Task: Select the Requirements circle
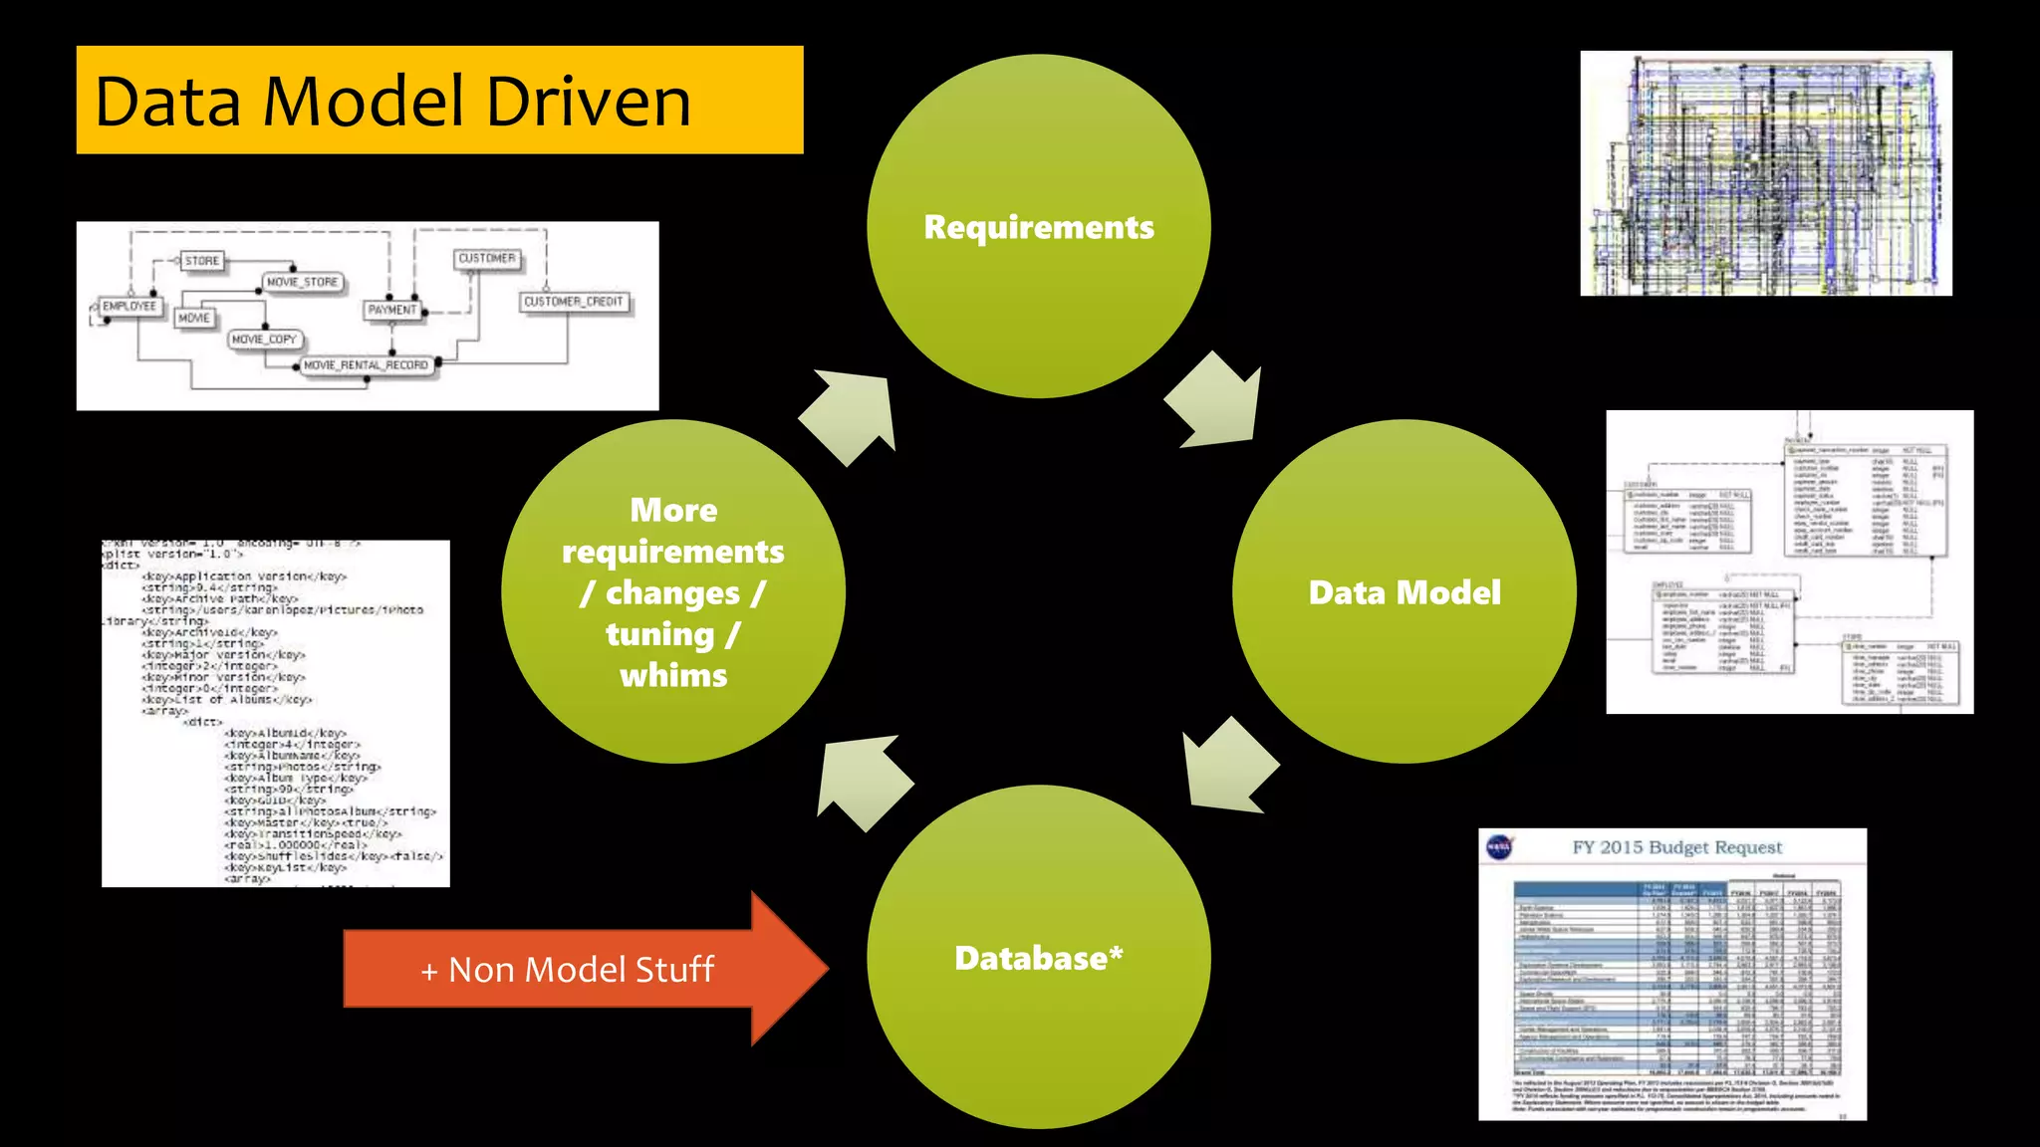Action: (1038, 227)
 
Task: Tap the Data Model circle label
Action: (1403, 592)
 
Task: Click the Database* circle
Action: (1038, 958)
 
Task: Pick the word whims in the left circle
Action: (673, 676)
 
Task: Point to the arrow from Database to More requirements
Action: (861, 781)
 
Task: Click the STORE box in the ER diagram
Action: (201, 261)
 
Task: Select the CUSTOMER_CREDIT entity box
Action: (574, 302)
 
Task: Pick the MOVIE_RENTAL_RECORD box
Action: (366, 365)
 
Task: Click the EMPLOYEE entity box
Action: (129, 307)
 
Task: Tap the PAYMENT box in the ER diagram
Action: (391, 310)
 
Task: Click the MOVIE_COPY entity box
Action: (264, 340)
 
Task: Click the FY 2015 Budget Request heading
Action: (1676, 847)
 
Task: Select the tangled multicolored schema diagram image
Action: (1765, 173)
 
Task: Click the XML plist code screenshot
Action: (276, 713)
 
